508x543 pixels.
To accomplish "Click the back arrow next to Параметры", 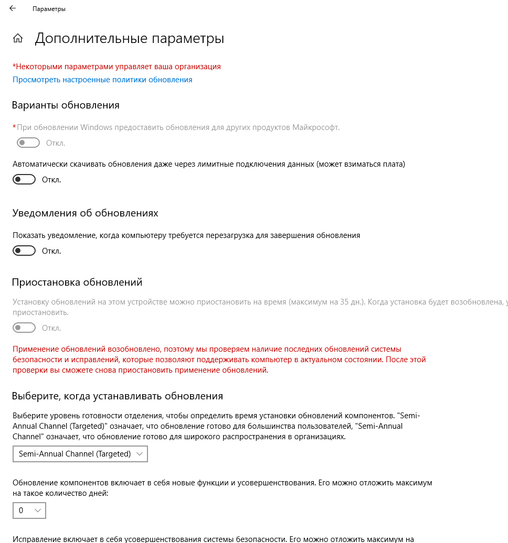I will pos(13,9).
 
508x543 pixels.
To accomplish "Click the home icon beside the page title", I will pos(18,38).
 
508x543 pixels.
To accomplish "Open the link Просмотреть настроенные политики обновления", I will pos(102,80).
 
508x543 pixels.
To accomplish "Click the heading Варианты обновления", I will pos(66,105).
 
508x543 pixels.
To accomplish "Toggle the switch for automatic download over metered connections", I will pos(24,180).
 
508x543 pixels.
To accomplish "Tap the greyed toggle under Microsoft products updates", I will pos(28,143).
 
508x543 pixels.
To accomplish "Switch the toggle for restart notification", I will pos(24,251).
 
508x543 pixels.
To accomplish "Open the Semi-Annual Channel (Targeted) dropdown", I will pos(80,454).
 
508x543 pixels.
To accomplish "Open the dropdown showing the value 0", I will pos(29,510).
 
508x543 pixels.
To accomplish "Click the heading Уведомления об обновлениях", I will pos(85,213).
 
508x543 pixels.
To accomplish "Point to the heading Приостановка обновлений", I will pos(77,283).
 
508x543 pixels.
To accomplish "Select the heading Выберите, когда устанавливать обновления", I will pos(118,396).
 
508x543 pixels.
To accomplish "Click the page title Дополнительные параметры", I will pos(130,39).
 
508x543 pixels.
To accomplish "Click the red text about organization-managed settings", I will pos(117,67).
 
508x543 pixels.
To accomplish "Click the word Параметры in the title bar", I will pos(49,9).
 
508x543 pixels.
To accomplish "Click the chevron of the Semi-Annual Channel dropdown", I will pos(139,454).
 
